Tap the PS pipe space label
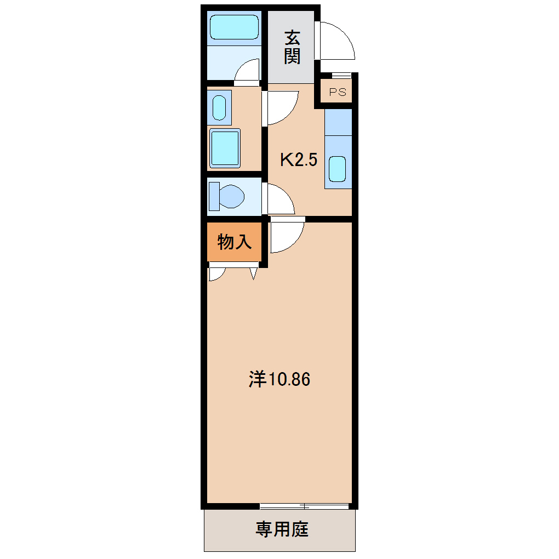338,92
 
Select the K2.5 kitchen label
299,160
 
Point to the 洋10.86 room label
280,379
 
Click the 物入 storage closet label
235,241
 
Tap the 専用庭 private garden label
282,529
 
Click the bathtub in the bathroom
234,27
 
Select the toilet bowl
231,196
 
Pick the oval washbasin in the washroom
219,108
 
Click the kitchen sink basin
337,169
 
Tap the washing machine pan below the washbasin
225,147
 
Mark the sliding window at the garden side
305,505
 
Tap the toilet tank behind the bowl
214,196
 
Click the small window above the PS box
341,75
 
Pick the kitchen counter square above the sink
338,122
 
